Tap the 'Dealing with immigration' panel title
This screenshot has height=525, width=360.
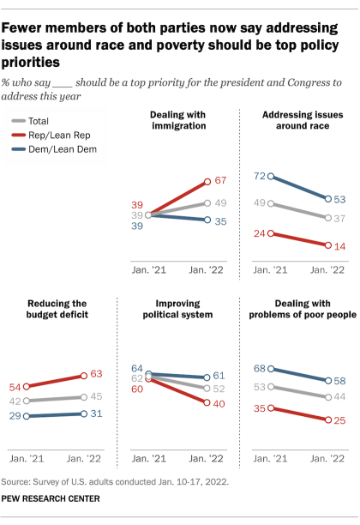click(178, 120)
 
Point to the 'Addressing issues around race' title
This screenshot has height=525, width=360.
click(297, 120)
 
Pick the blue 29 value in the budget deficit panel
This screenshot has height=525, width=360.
click(15, 415)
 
